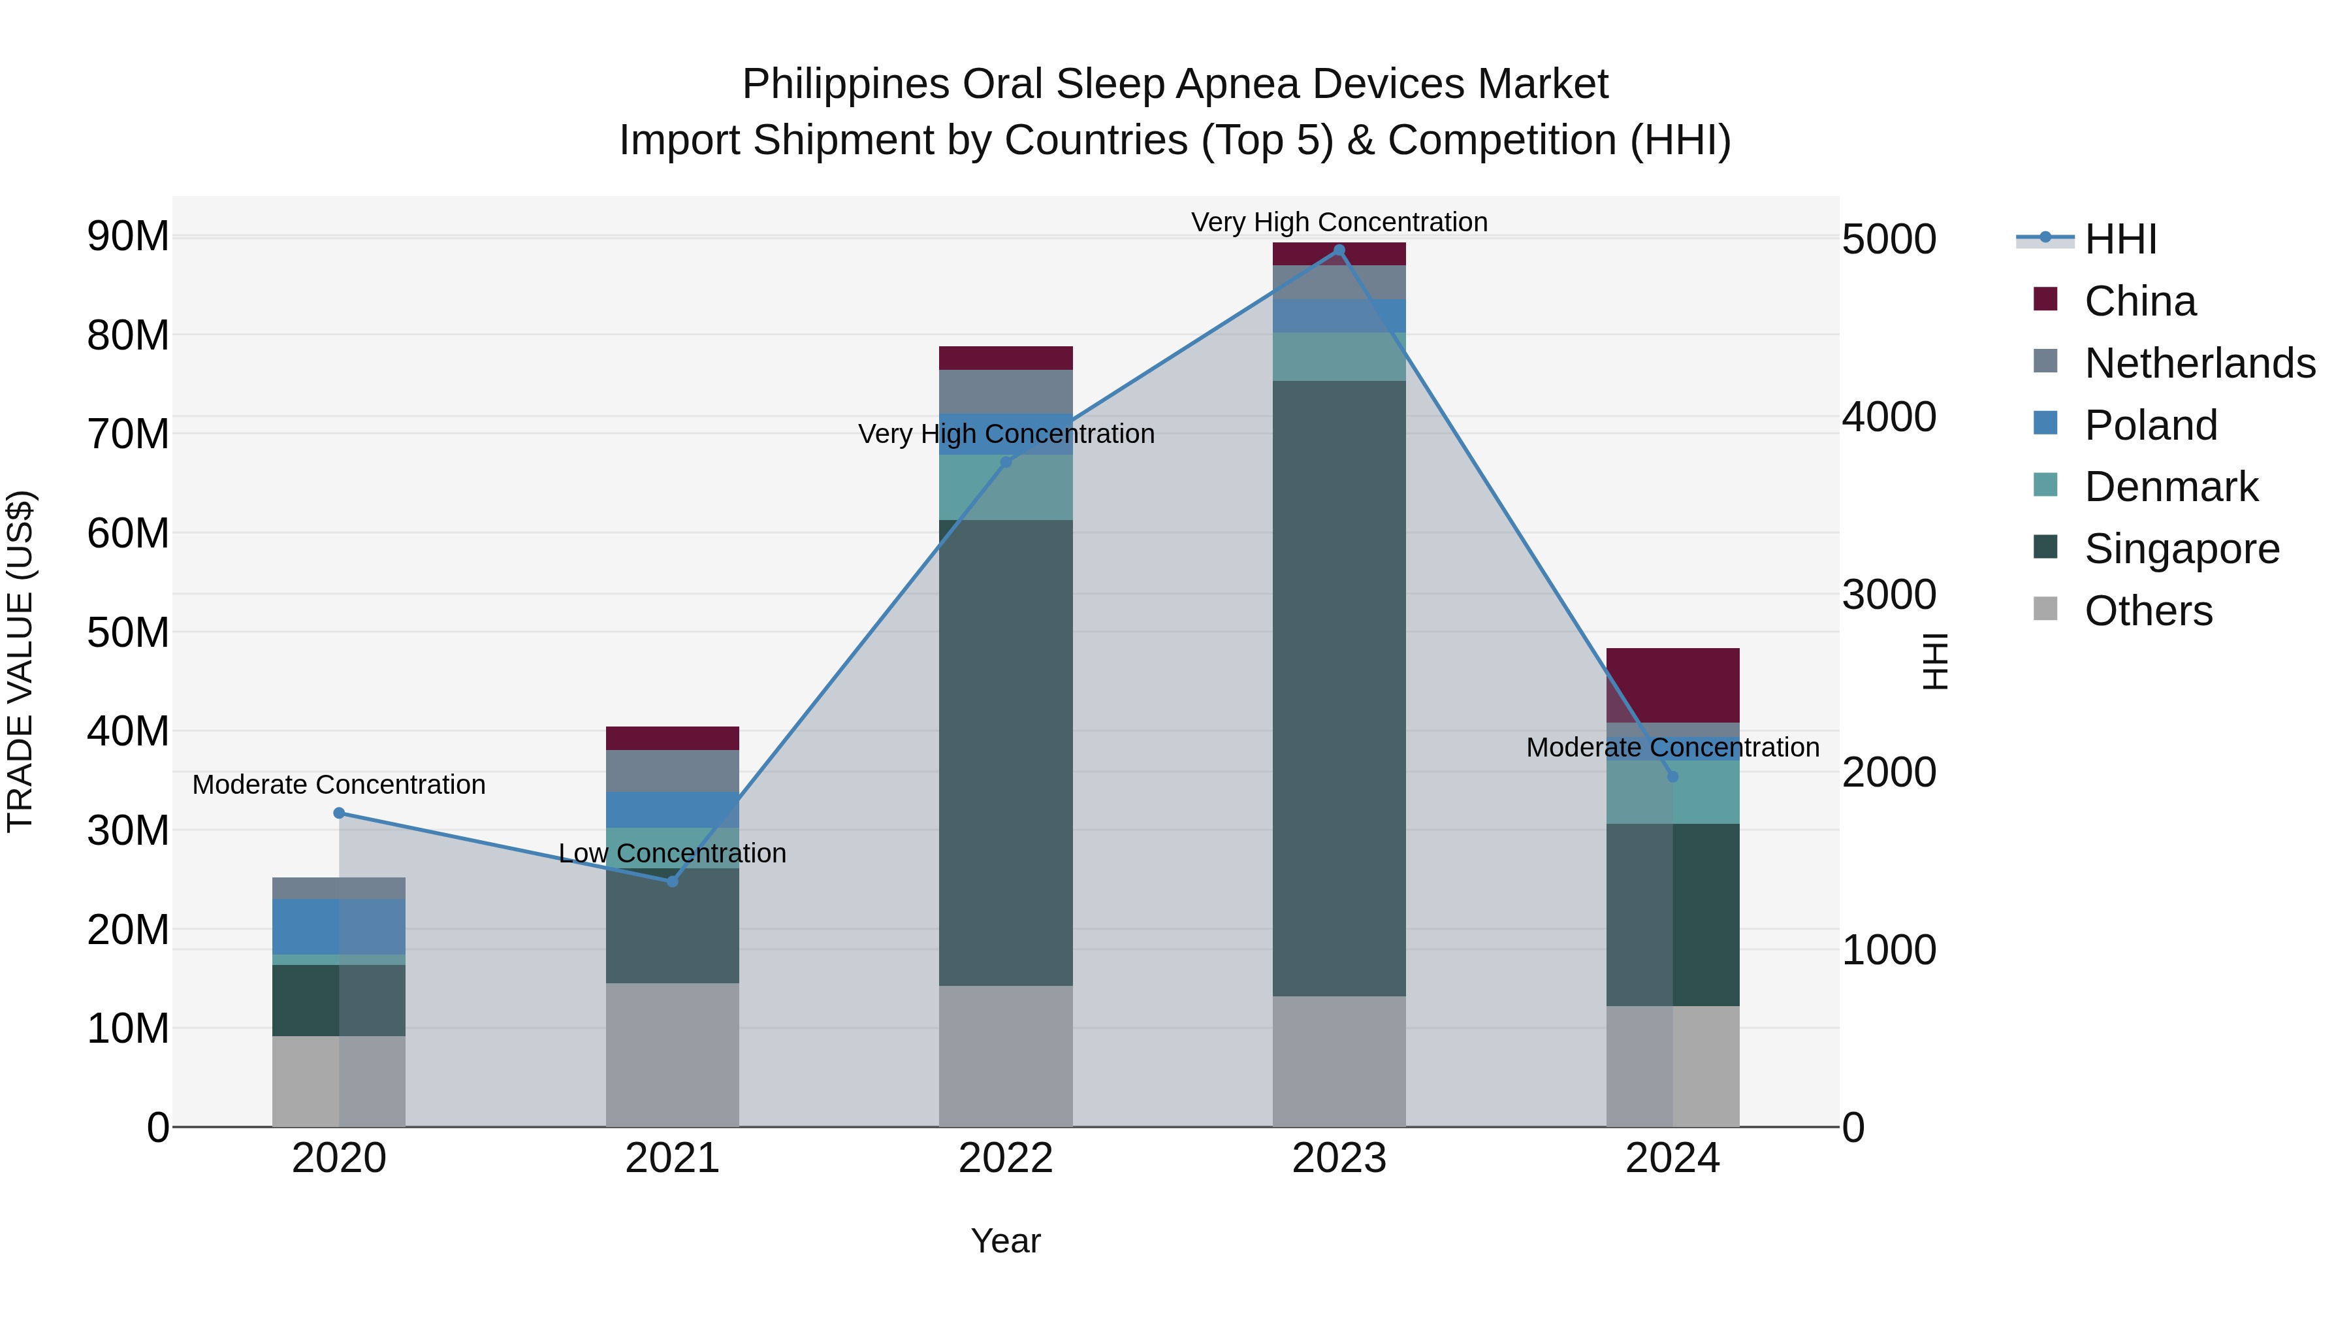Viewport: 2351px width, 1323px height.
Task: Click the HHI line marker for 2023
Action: pos(1339,250)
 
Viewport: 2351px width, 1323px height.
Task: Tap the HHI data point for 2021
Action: pos(673,881)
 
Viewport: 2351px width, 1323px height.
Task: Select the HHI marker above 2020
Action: pos(338,813)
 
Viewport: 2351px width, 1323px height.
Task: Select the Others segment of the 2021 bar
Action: pos(673,1054)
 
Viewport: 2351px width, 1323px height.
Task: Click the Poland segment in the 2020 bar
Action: pos(338,926)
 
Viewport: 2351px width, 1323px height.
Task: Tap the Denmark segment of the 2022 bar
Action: pos(1006,487)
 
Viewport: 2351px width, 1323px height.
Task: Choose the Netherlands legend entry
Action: pos(2199,363)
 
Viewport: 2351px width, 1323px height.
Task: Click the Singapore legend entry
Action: pos(2181,549)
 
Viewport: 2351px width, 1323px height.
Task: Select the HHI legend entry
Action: pos(2119,239)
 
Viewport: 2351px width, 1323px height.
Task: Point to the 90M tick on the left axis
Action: pos(128,237)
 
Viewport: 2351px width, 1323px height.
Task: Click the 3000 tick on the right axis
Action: pos(1888,595)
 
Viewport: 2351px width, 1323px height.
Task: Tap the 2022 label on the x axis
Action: pos(1006,1158)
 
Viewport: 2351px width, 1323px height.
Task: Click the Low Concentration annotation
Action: pos(673,853)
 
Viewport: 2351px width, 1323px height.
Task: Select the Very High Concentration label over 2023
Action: pos(1339,222)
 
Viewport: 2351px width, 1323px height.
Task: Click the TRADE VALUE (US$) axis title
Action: pos(21,661)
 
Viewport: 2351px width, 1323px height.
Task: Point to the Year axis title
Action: pos(1006,1241)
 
